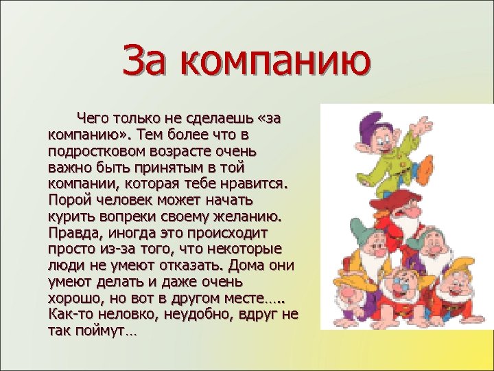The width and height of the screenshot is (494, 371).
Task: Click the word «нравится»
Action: pyautogui.click(x=256, y=184)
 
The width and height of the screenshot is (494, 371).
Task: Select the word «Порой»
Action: pyautogui.click(x=68, y=201)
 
